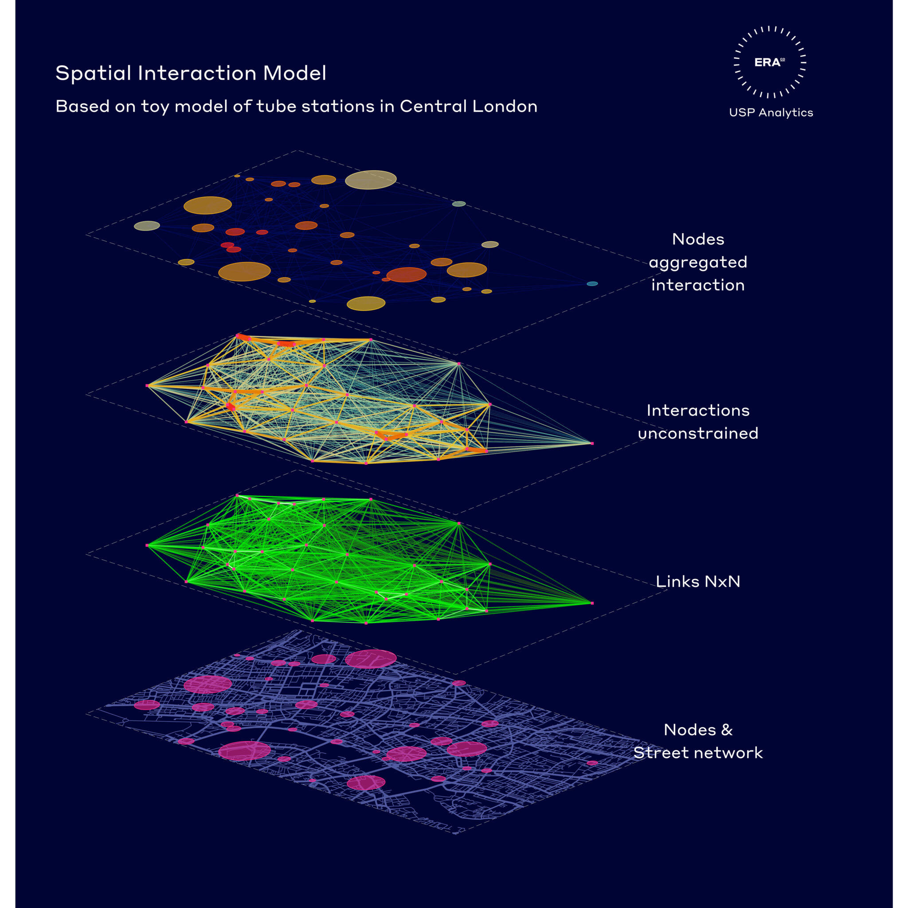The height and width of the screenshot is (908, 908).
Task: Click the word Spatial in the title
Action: coord(93,74)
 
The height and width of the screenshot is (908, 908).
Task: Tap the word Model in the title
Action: coord(294,73)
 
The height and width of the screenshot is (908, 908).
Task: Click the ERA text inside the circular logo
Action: coord(767,63)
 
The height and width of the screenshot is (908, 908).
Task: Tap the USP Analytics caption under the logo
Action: coord(771,113)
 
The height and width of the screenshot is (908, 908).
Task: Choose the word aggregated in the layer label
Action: coord(698,263)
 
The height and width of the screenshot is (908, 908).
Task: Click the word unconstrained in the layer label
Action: coord(698,433)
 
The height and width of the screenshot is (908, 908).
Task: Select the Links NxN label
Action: coord(698,582)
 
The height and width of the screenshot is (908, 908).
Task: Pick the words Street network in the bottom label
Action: coord(698,753)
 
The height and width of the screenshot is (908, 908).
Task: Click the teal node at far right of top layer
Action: coord(592,284)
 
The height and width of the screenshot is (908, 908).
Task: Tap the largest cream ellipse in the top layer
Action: coord(371,180)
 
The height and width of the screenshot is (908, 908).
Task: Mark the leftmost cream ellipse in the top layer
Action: coord(147,226)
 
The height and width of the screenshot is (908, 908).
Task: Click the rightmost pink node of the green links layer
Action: coord(592,603)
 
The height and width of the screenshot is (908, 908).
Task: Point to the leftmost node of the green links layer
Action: coord(147,545)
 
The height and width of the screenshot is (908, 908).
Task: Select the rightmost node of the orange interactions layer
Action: coord(592,443)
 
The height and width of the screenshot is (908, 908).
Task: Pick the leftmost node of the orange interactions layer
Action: coord(147,385)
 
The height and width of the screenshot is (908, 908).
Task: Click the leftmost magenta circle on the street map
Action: coord(147,705)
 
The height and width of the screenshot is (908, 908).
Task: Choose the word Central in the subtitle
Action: coord(433,106)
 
